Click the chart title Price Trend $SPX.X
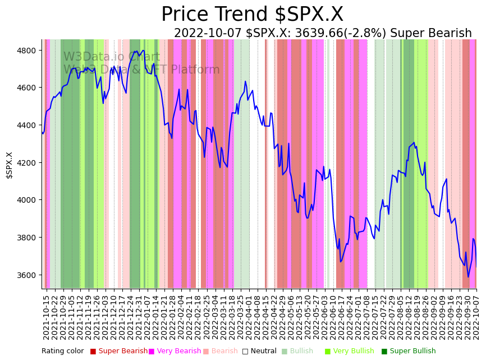tap(252, 15)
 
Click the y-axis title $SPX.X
tap(9, 165)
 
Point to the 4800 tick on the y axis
tap(27, 51)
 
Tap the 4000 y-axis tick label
tap(27, 200)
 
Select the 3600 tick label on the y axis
tap(27, 275)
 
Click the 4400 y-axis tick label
tap(27, 125)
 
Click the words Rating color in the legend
tap(62, 351)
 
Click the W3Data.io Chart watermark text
tap(112, 57)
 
